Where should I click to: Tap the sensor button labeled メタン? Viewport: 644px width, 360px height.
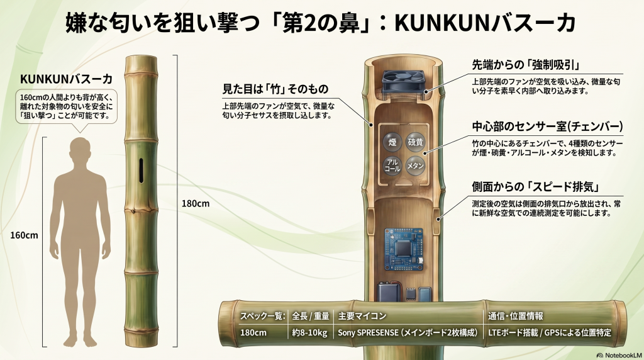point(415,166)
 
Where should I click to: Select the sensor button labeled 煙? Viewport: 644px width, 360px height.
point(392,142)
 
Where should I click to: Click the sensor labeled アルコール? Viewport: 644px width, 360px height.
point(392,166)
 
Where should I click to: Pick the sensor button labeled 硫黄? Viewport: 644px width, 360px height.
point(415,142)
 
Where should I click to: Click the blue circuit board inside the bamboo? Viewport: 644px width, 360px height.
point(403,249)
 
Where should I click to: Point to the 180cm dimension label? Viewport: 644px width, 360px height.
point(196,203)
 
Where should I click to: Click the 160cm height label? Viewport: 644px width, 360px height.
point(24,235)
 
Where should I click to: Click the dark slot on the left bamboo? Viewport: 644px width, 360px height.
point(141,171)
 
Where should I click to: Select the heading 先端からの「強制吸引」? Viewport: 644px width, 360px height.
point(526,65)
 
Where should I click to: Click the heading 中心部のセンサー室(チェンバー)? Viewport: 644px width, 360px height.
point(548,126)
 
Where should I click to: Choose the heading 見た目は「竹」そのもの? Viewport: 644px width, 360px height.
point(275,89)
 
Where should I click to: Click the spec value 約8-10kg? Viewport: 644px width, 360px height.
point(309,332)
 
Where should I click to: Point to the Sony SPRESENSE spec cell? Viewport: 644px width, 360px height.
point(408,332)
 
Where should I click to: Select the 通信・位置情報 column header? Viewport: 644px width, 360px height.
point(516,316)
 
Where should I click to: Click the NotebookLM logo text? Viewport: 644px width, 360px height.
point(619,355)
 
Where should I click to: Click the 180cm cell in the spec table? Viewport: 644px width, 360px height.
point(253,332)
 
